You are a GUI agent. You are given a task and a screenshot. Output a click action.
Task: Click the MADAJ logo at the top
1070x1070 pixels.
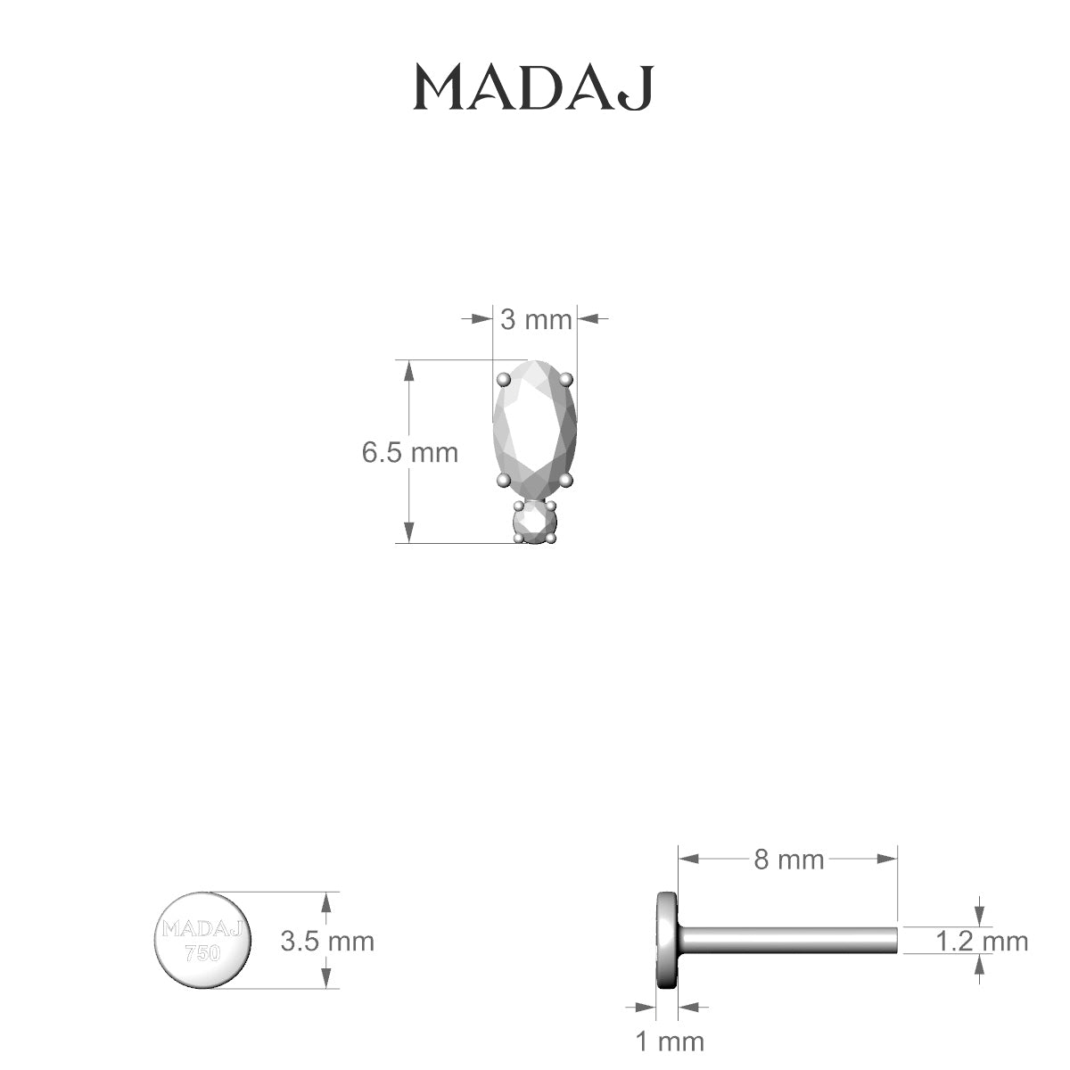pyautogui.click(x=535, y=87)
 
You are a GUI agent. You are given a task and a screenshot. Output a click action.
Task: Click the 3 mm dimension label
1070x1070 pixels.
pyautogui.click(x=535, y=318)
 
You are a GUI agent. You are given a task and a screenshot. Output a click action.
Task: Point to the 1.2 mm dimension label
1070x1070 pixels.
pyautogui.click(x=982, y=941)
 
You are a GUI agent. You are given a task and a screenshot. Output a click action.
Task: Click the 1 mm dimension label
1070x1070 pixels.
pyautogui.click(x=669, y=1041)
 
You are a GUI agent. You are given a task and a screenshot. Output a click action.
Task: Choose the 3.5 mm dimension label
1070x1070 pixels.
pyautogui.click(x=327, y=941)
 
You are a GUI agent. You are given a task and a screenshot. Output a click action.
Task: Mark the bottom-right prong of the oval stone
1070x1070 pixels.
pyautogui.click(x=565, y=481)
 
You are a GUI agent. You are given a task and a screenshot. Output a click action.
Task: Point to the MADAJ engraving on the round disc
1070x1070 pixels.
pyautogui.click(x=203, y=929)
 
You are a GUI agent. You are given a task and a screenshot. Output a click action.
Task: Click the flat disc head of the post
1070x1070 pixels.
pyautogui.click(x=666, y=940)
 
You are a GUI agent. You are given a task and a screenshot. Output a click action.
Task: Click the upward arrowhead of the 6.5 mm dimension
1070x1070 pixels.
pyautogui.click(x=409, y=370)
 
